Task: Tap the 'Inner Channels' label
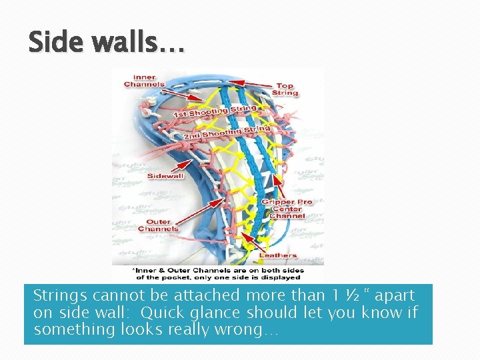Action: pos(143,80)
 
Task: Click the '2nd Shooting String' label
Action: pos(227,132)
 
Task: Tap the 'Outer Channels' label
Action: pos(158,225)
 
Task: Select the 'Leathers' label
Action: pos(278,255)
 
